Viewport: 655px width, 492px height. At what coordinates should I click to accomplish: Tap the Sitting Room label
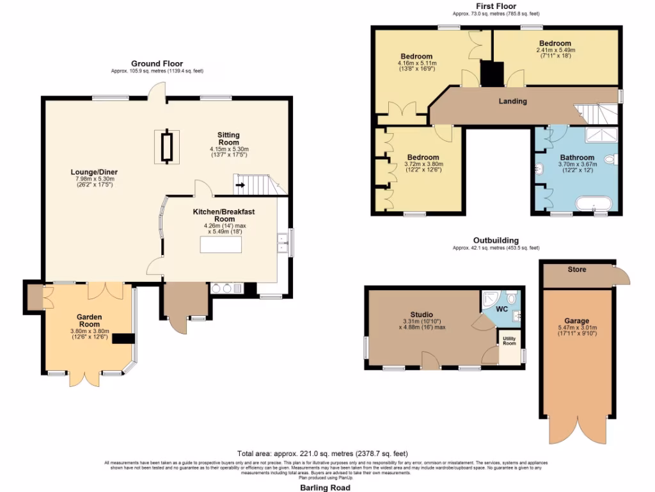coord(228,138)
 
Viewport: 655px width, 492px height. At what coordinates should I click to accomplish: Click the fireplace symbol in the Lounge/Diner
coord(167,147)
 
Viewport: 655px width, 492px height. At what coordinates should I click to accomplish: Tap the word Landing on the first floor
coord(512,101)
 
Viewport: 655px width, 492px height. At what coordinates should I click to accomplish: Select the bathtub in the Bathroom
coord(594,204)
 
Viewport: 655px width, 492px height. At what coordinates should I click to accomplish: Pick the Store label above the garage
coord(576,269)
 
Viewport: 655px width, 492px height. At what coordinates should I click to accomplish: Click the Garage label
coord(576,321)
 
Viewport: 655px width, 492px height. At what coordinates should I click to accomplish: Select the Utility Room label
coord(509,341)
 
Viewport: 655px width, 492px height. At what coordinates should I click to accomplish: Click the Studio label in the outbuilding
coord(422,314)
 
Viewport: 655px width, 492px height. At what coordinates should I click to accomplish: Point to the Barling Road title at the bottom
coord(327,488)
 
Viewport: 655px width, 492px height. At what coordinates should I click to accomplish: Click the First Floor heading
coord(496,6)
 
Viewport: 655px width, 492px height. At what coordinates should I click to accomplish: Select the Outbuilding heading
coord(496,240)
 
